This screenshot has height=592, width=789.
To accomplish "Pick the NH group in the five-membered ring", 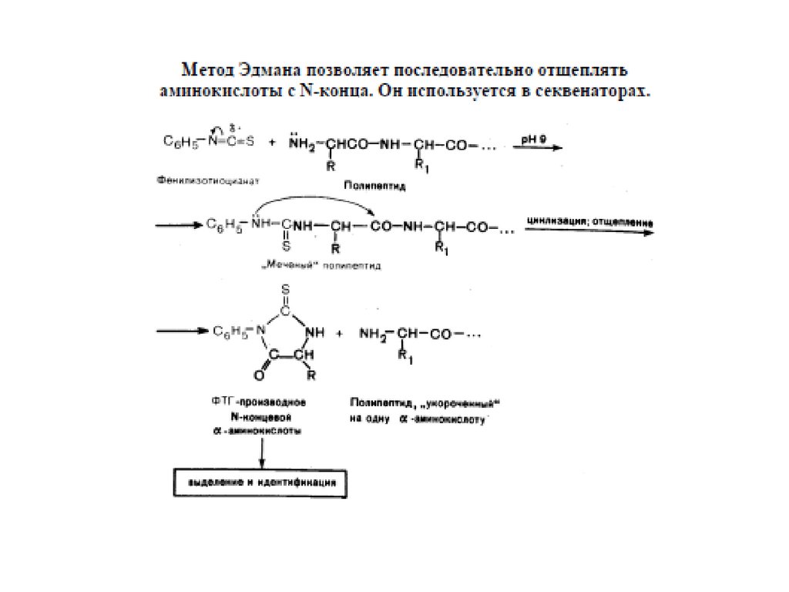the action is coord(311,332).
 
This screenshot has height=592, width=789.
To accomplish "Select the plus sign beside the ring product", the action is coord(338,335).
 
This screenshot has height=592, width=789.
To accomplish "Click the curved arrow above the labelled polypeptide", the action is coord(316,202).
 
